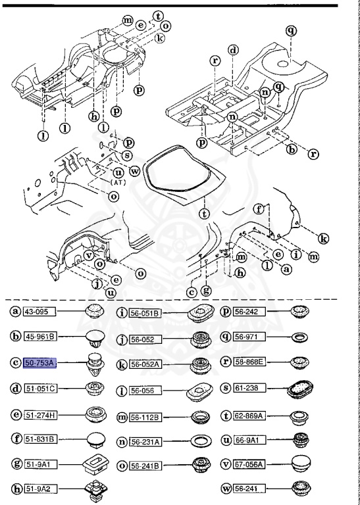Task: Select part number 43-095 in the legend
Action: (x=39, y=310)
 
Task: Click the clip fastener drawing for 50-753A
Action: (x=97, y=364)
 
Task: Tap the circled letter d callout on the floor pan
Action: (x=232, y=50)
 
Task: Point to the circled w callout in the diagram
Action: (x=136, y=171)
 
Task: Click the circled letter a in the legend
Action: (x=14, y=310)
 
